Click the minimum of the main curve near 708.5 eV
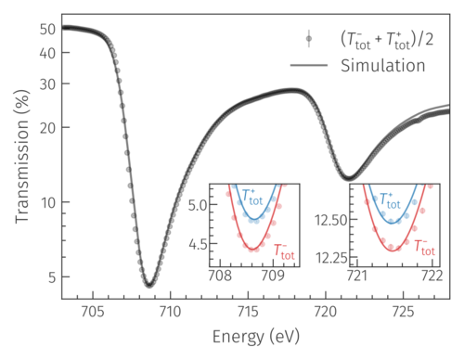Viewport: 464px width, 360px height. (148, 285)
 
